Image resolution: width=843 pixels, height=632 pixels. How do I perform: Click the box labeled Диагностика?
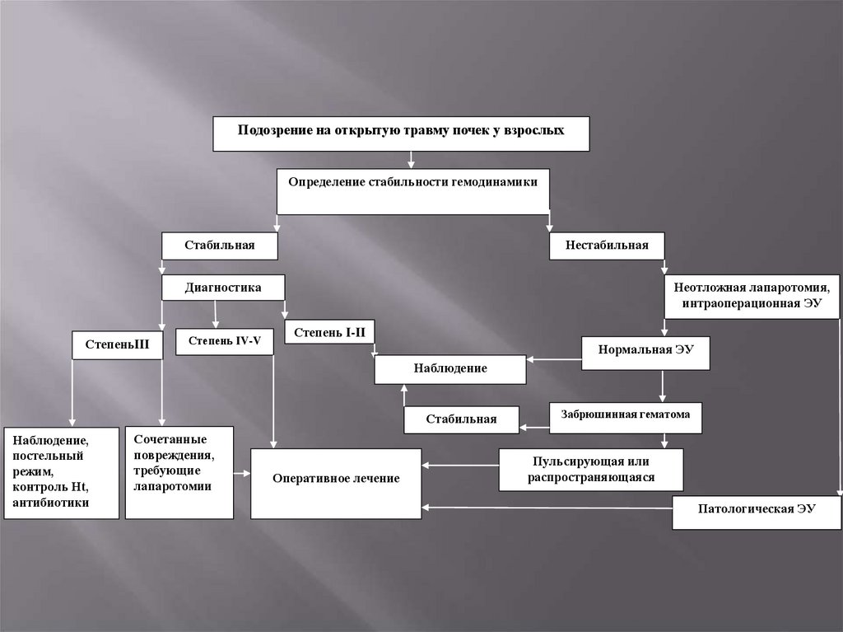pyautogui.click(x=223, y=288)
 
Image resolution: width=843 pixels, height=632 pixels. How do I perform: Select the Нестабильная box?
pyautogui.click(x=607, y=246)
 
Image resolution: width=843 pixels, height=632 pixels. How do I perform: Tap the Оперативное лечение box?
pyautogui.click(x=336, y=479)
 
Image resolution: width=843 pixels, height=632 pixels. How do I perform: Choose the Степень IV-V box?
pyautogui.click(x=224, y=339)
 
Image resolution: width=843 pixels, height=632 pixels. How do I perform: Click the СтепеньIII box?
pyautogui.click(x=117, y=344)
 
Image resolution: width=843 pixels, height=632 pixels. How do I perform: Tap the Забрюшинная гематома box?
pyautogui.click(x=626, y=416)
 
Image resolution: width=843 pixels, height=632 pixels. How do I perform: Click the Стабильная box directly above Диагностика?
pyautogui.click(x=219, y=246)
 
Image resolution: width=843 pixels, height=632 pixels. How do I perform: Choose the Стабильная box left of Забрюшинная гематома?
pyautogui.click(x=461, y=419)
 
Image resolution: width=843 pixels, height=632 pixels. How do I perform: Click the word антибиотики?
pyautogui.click(x=51, y=502)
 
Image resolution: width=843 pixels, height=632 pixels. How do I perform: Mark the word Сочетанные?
pyautogui.click(x=170, y=440)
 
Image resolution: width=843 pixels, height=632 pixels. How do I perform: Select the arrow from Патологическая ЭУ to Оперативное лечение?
pyautogui.click(x=547, y=508)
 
